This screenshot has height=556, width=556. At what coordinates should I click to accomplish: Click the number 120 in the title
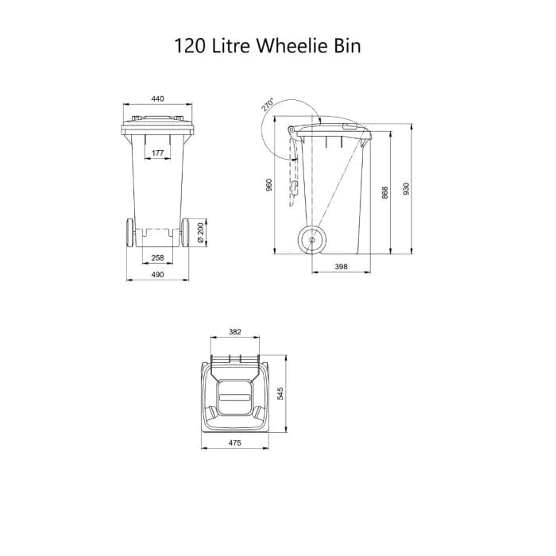[190, 45]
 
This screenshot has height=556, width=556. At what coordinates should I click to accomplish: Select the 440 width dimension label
[157, 99]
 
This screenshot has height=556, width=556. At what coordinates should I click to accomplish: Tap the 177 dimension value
[157, 152]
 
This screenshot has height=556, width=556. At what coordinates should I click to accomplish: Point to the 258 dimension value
[157, 258]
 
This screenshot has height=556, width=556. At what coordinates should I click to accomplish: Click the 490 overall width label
[157, 274]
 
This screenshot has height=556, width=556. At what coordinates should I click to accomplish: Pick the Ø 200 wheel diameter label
[200, 231]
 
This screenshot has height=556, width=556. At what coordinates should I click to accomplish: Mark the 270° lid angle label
[268, 105]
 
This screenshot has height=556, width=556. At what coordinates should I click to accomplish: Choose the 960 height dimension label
[269, 185]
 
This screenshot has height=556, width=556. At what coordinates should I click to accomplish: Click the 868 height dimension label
[384, 193]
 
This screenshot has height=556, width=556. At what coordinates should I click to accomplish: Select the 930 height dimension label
[407, 189]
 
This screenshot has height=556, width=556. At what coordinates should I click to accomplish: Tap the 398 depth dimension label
[341, 268]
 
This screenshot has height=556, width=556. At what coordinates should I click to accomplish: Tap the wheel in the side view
[312, 239]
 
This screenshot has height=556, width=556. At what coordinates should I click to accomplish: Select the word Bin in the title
[346, 45]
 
